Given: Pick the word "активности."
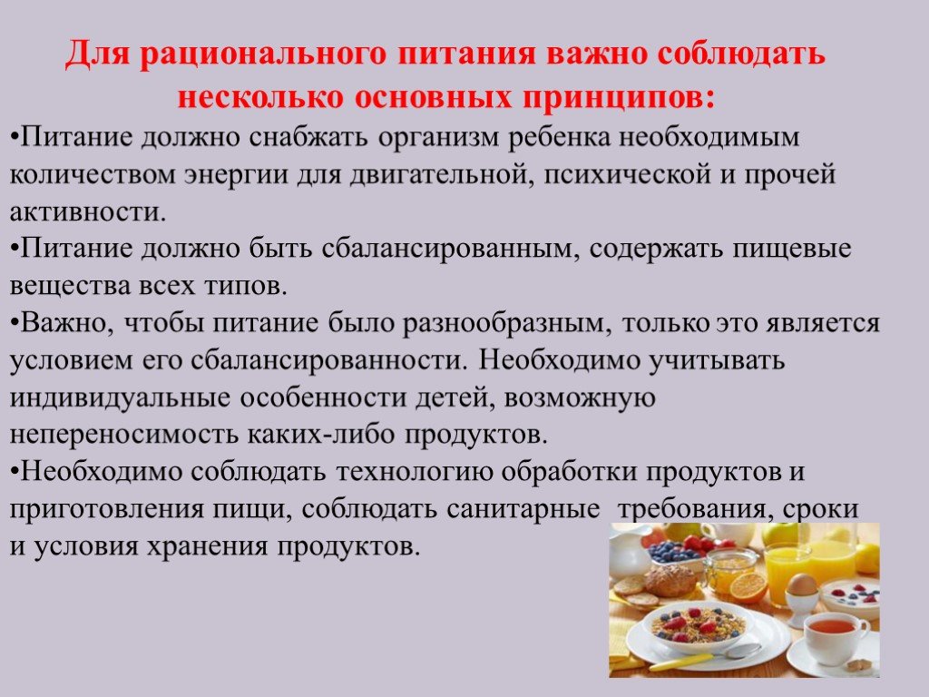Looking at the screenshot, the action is click(88, 211).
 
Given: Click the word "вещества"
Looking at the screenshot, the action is click(69, 286).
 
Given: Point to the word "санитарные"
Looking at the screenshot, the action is click(523, 509).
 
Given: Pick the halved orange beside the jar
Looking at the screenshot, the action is click(748, 586).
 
